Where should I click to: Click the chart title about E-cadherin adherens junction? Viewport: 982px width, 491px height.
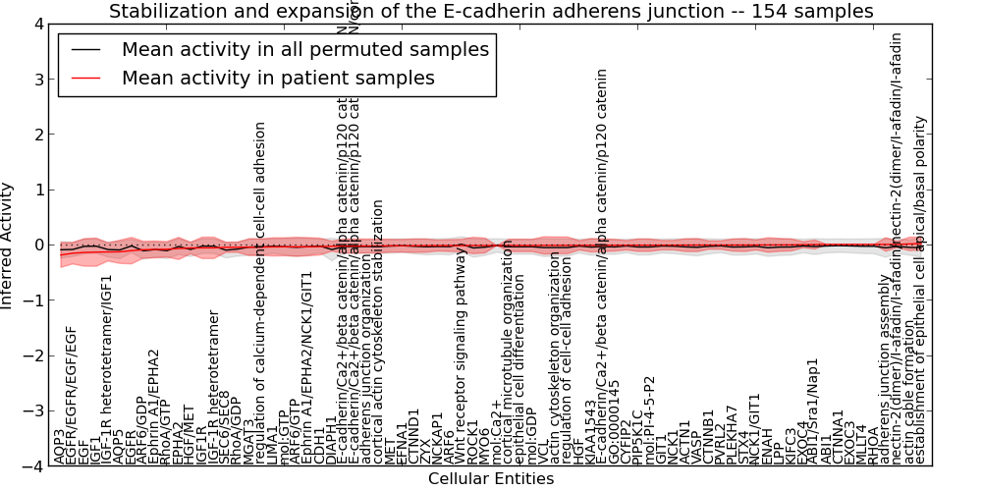(491, 12)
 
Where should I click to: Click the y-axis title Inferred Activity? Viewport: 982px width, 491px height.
(8, 245)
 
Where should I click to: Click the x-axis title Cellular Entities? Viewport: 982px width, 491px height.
(491, 479)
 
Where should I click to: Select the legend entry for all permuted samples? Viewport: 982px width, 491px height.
(304, 50)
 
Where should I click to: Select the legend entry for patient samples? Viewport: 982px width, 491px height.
(278, 78)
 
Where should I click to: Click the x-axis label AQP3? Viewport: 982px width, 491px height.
(60, 446)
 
